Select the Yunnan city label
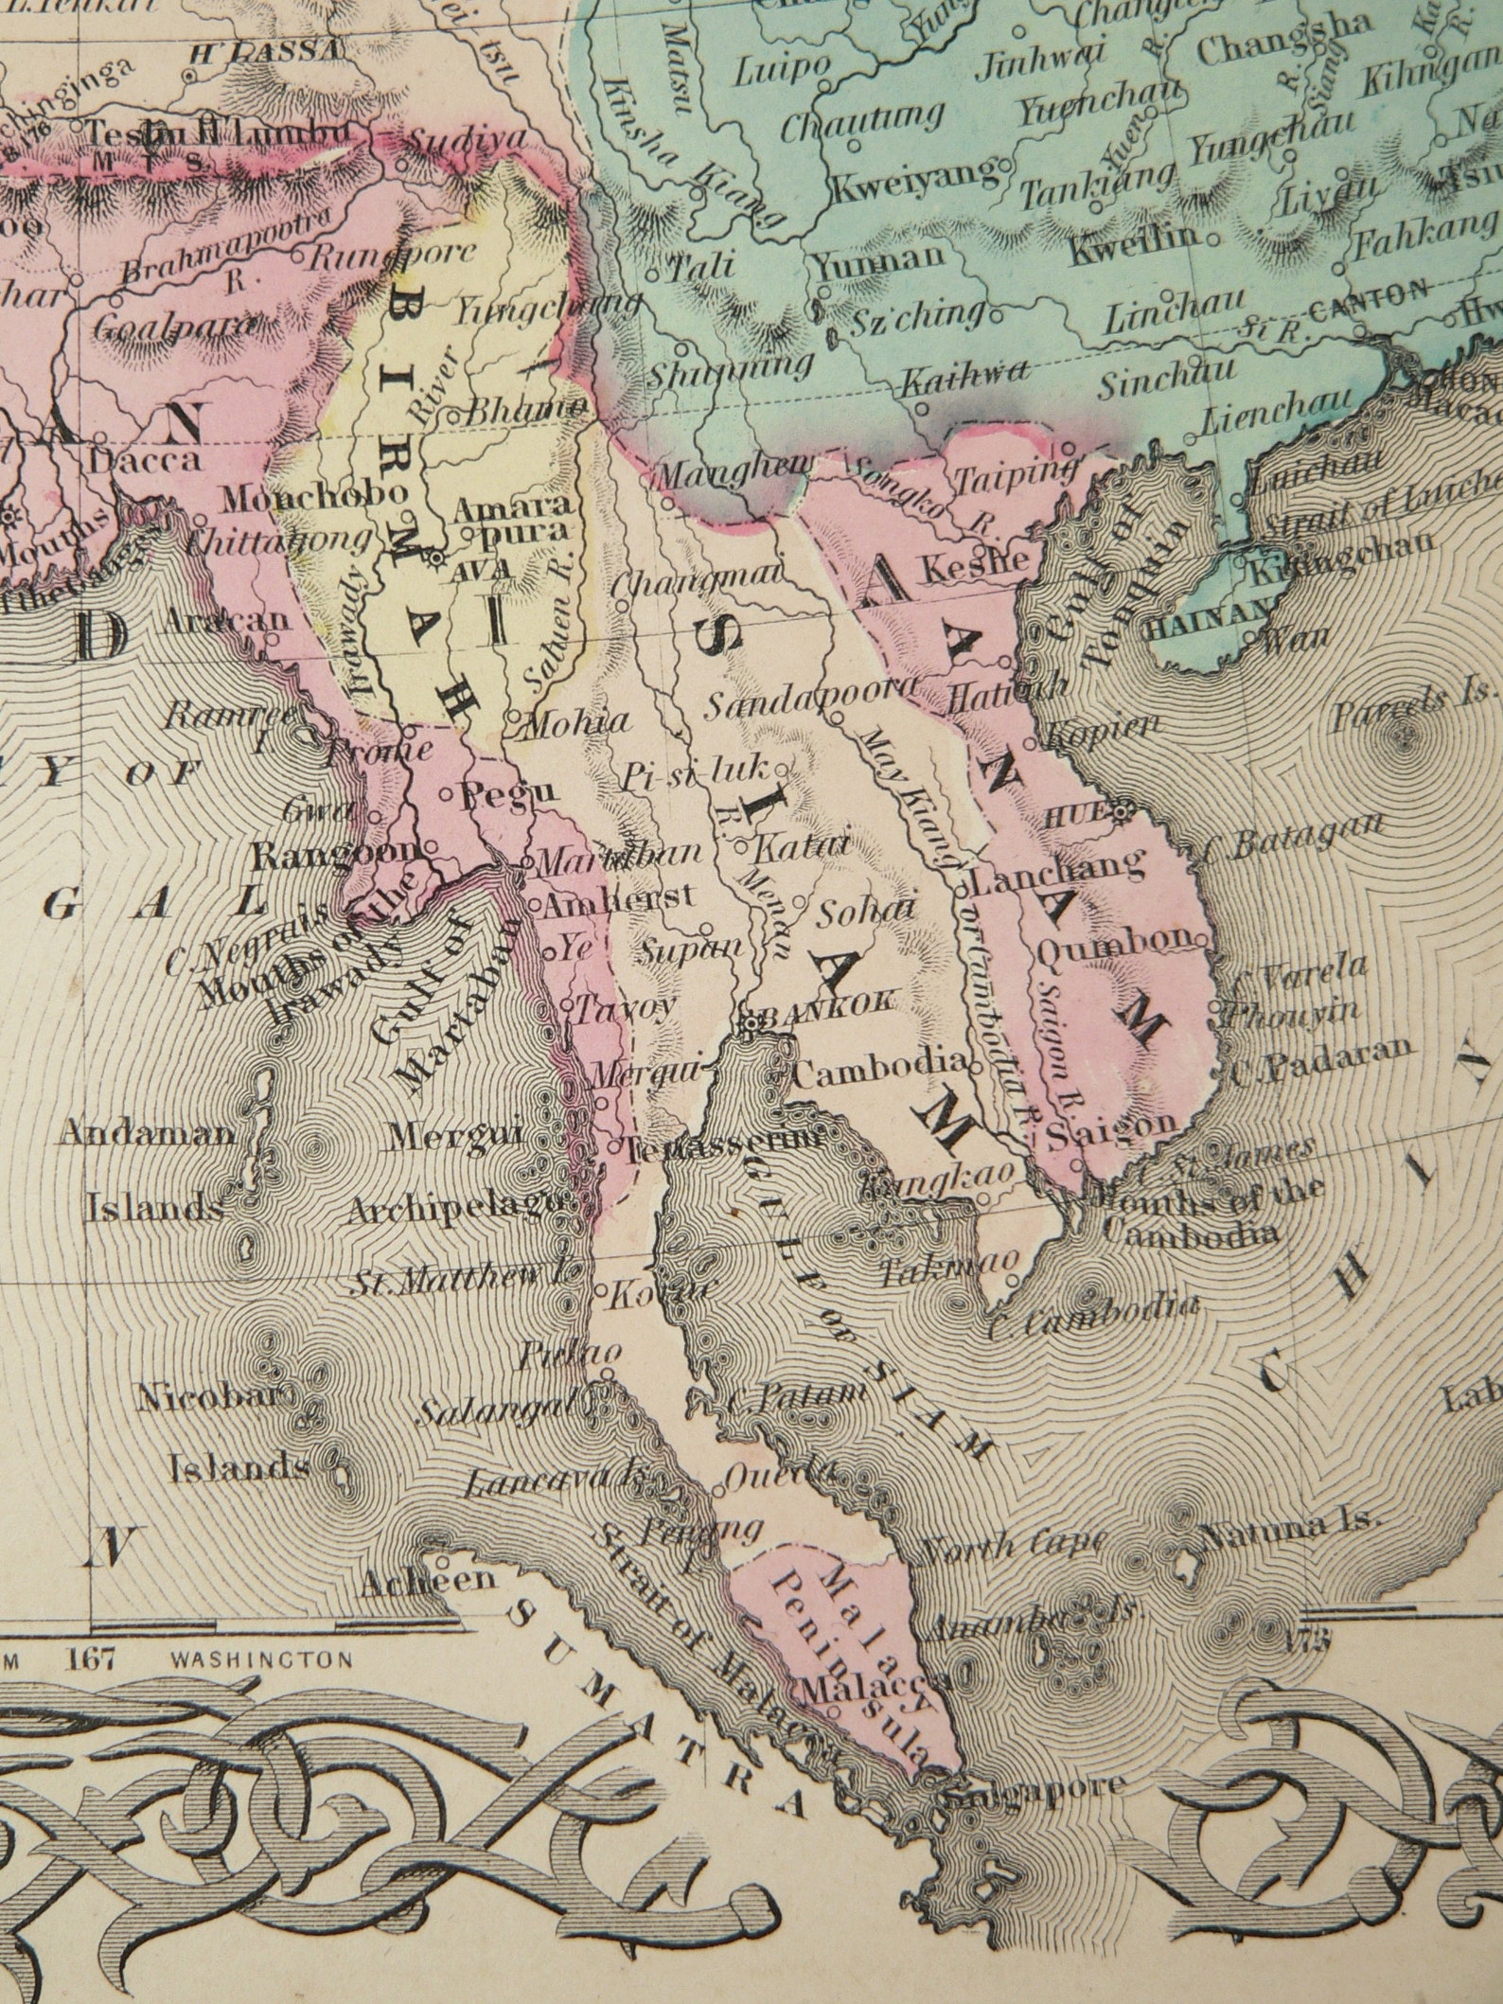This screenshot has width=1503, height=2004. point(880,257)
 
